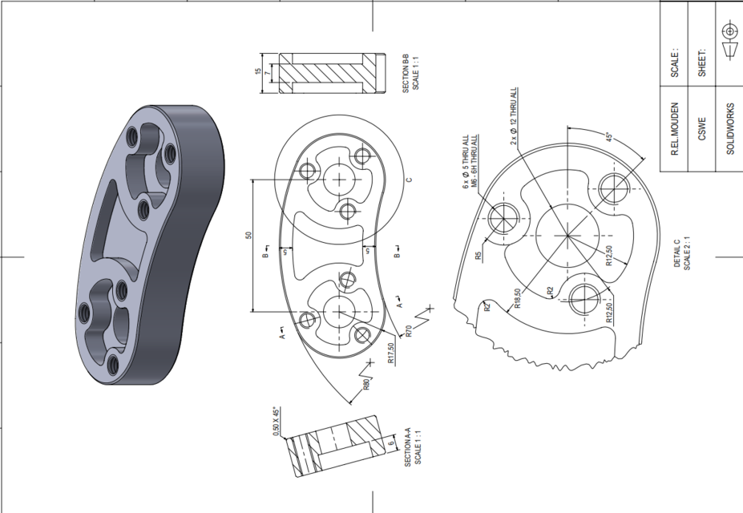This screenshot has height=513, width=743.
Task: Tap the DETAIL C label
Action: (676, 253)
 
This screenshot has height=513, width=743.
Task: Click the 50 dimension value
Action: (249, 236)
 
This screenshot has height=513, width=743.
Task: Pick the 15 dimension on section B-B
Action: (258, 73)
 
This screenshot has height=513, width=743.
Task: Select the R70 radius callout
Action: (409, 332)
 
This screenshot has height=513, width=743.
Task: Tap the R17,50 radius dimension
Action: (391, 353)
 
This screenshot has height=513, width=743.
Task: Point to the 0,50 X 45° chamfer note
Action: (275, 422)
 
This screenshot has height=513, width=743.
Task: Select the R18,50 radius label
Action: (518, 298)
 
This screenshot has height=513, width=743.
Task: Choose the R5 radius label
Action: (478, 256)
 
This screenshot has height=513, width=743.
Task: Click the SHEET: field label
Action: (701, 62)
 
